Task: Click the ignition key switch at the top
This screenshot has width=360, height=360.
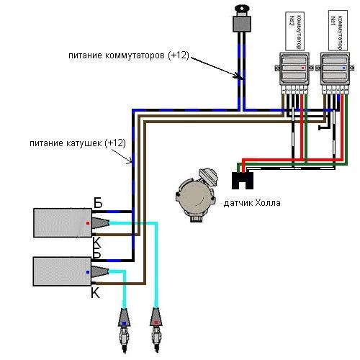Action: click(242, 19)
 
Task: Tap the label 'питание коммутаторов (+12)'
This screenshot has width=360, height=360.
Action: click(129, 55)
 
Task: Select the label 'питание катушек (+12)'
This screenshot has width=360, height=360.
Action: click(78, 143)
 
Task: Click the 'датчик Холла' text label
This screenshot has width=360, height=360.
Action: click(252, 203)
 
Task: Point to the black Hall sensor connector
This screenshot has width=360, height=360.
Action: click(243, 181)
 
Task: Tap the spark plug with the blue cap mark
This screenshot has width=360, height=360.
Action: click(124, 330)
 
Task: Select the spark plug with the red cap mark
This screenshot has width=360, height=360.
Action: click(156, 330)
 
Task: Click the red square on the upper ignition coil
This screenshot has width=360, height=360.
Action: click(88, 223)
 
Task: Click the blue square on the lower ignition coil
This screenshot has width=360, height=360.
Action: click(88, 272)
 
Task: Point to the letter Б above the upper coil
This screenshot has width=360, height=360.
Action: click(98, 203)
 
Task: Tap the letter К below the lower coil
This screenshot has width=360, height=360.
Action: click(95, 293)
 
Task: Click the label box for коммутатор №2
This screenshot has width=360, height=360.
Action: click(295, 31)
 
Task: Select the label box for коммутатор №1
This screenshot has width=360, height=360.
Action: click(338, 30)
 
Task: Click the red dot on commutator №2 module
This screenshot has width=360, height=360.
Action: click(302, 68)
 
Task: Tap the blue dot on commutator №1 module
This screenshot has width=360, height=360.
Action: click(343, 68)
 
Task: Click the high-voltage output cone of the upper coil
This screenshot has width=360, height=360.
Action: click(101, 223)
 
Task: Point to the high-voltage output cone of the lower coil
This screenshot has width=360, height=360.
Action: click(100, 271)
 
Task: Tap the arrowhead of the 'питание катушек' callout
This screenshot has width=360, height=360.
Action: click(130, 161)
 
